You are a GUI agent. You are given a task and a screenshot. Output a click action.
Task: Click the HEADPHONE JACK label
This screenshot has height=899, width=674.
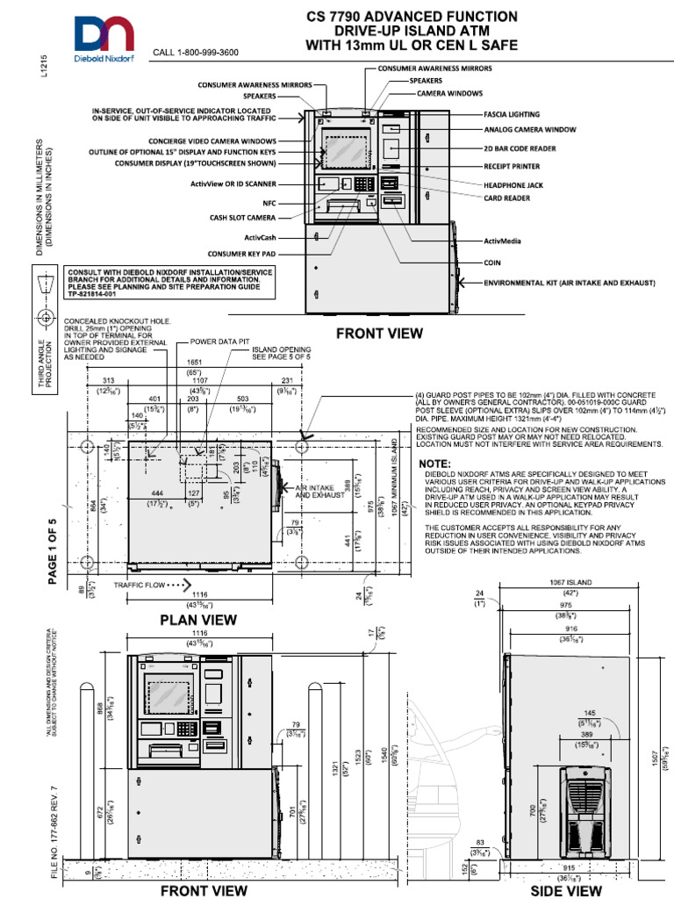[x=514, y=186]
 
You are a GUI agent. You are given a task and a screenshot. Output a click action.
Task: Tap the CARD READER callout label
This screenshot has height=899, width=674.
[x=507, y=198]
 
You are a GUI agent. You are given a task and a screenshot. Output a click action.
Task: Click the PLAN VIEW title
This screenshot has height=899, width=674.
[x=198, y=620]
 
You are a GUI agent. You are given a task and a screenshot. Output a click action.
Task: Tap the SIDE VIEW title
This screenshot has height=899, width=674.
[x=567, y=890]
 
